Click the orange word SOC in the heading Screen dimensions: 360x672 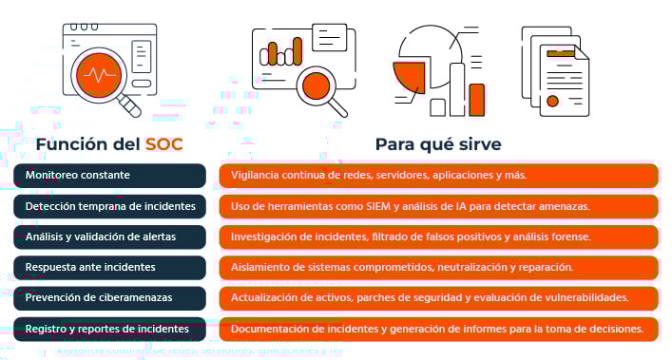click(163, 144)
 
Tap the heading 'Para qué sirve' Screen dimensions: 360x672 click(437, 144)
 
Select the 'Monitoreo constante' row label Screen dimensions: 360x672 click(78, 176)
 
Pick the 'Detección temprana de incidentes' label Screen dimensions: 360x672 click(110, 206)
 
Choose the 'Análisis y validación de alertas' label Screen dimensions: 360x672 click(101, 237)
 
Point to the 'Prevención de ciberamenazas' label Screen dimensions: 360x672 click(99, 298)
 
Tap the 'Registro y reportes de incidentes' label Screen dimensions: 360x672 click(107, 329)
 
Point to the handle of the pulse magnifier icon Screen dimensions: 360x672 click(129, 107)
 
